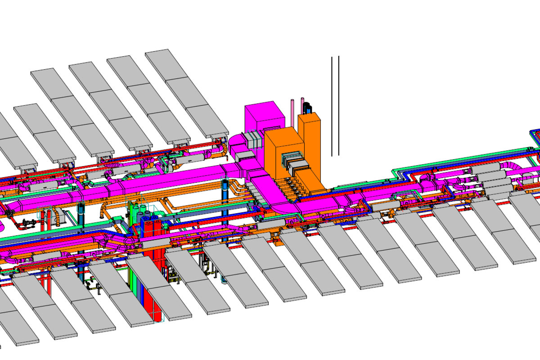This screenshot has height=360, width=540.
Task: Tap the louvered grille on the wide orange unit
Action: (293, 159)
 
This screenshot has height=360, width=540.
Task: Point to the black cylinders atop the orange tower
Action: (307, 108)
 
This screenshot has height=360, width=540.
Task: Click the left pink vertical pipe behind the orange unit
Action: (292, 112)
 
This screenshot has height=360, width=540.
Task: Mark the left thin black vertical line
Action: (332, 106)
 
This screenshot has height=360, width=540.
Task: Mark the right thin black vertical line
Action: (338, 106)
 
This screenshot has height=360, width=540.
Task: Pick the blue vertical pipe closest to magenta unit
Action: (225, 191)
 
